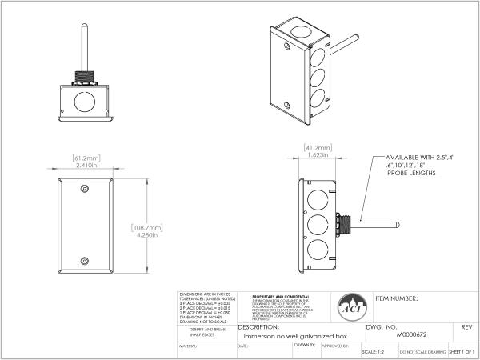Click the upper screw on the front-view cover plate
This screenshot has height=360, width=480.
pos(85,189)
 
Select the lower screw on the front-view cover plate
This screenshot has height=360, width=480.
pos(85,261)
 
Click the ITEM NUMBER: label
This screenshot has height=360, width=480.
pos(397,297)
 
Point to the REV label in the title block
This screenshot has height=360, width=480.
pos(466,327)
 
